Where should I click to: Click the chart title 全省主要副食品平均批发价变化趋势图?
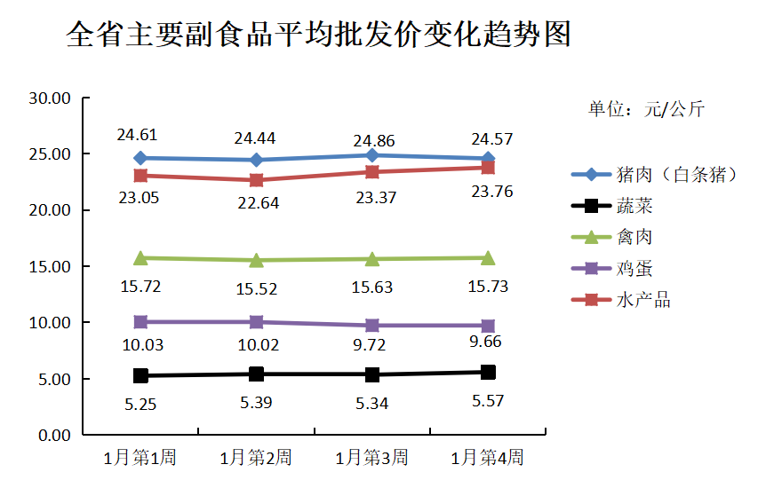(318, 36)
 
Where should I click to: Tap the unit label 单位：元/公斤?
(646, 110)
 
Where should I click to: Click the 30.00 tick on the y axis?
(50, 98)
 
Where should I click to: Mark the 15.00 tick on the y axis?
(50, 267)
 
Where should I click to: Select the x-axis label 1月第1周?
(140, 458)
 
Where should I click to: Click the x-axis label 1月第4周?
(488, 458)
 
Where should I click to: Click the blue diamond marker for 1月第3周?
(372, 155)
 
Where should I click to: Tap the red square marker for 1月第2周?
(256, 180)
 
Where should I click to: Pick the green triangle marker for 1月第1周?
(140, 258)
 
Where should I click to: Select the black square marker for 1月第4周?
(488, 372)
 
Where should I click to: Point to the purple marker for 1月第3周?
(372, 326)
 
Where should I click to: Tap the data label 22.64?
(258, 202)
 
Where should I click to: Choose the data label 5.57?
(488, 401)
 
